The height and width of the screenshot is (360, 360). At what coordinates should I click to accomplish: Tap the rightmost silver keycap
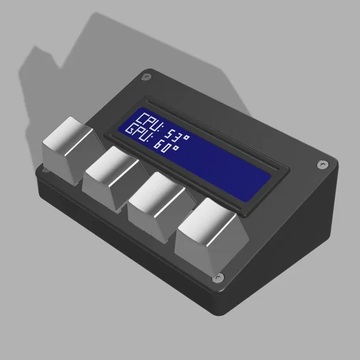pyautogui.click(x=210, y=238)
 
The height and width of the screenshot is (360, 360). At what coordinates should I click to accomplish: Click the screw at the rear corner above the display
pyautogui.click(x=147, y=76)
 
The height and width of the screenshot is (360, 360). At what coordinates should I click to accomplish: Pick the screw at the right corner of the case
pyautogui.click(x=320, y=165)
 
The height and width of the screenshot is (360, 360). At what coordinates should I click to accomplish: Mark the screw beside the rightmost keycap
pyautogui.click(x=218, y=279)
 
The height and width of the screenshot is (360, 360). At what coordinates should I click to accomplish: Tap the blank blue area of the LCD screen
pyautogui.click(x=230, y=170)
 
